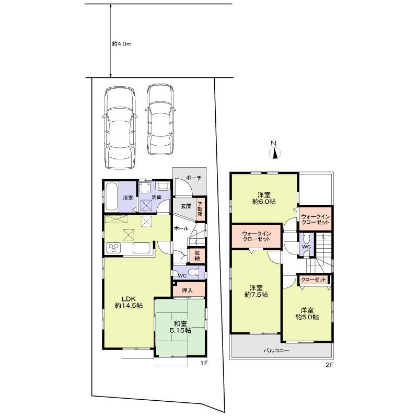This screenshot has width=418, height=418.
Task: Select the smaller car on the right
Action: [x=160, y=120]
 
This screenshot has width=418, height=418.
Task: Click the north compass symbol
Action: [x=274, y=152]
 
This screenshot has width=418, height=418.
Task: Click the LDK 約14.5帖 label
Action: [x=129, y=301]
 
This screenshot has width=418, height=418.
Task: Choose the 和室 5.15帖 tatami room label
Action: [x=180, y=327]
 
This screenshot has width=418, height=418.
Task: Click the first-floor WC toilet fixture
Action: [x=193, y=272]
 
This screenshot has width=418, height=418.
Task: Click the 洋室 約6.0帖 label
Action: [x=264, y=198]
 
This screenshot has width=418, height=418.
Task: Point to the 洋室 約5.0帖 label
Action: [x=306, y=312]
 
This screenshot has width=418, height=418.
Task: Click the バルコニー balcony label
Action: [x=276, y=351]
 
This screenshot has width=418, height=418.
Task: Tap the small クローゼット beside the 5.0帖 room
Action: [x=313, y=280]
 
